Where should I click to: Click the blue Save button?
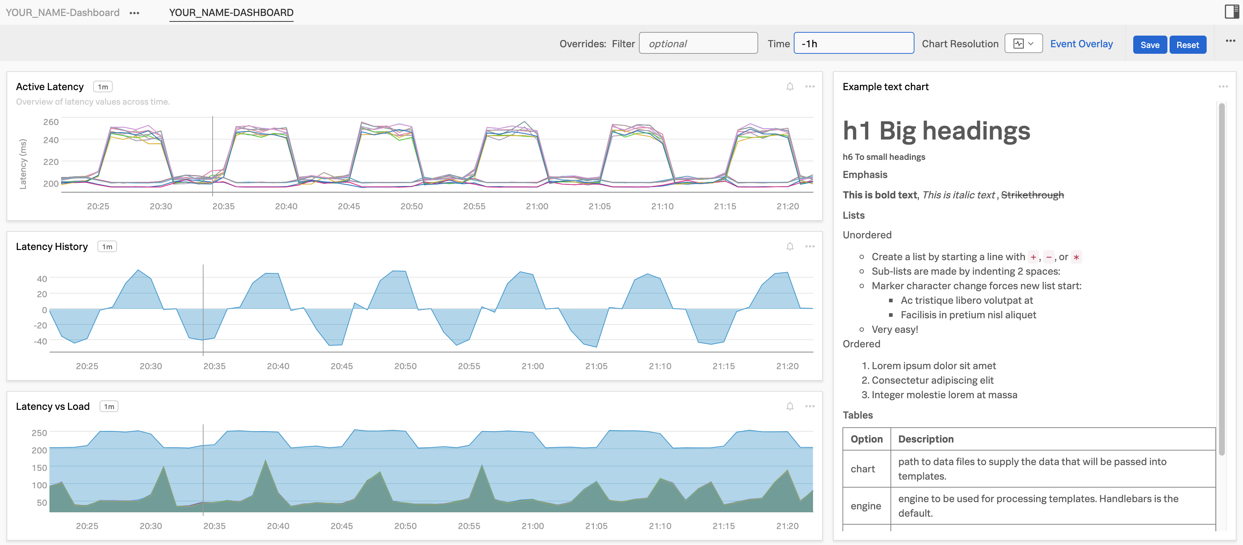tap(1149, 45)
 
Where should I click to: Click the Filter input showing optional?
tap(698, 43)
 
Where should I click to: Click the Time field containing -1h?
tap(853, 43)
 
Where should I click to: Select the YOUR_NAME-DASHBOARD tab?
tap(231, 13)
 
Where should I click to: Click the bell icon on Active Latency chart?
tap(790, 87)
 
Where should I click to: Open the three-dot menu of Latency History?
tap(810, 246)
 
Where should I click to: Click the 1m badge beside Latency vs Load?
tap(109, 407)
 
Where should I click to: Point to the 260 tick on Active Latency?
tap(51, 122)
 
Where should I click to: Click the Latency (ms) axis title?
tap(23, 164)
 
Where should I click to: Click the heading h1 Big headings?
tap(936, 131)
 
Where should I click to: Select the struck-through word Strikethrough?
tap(1032, 195)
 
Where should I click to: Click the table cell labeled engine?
tap(866, 506)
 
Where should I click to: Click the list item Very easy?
tap(894, 330)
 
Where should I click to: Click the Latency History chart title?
tap(52, 246)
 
